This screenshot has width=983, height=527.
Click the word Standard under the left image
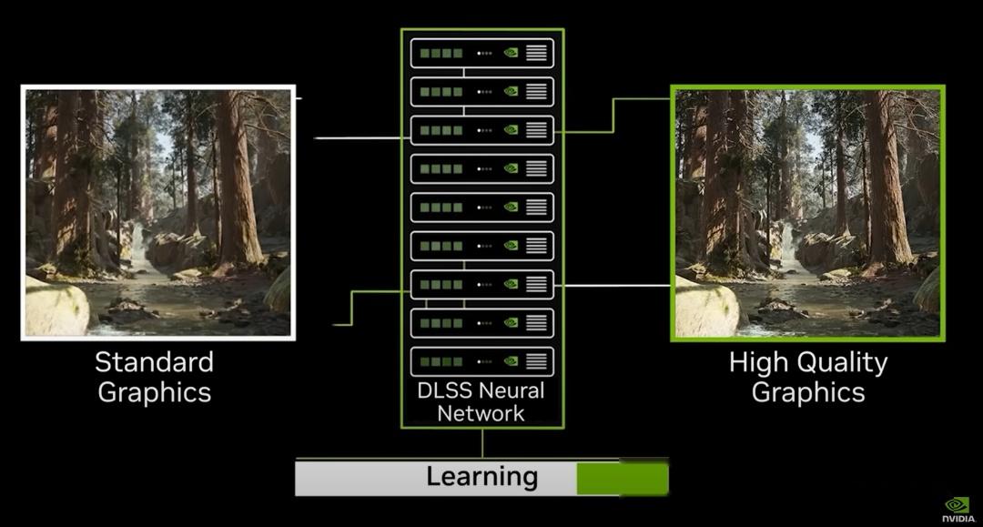tap(154, 362)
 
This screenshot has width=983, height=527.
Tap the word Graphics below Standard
tap(154, 393)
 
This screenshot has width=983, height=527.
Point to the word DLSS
tap(444, 390)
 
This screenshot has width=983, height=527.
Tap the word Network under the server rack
tap(481, 413)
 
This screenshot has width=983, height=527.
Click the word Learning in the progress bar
tap(482, 476)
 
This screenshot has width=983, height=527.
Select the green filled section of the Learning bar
tap(623, 478)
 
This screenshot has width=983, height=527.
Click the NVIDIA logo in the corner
tap(958, 510)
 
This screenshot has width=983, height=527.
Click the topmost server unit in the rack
tap(482, 54)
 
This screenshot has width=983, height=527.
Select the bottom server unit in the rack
tap(482, 361)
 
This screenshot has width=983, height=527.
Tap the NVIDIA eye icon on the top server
tap(512, 54)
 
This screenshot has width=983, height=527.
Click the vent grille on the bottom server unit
tap(537, 361)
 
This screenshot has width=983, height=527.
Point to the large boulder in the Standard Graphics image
tap(56, 307)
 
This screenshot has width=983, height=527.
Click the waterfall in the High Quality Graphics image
tap(785, 246)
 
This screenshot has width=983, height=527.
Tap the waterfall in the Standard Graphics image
tap(136, 246)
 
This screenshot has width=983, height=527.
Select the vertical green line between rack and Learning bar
tap(482, 443)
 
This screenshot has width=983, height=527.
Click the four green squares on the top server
tap(441, 54)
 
